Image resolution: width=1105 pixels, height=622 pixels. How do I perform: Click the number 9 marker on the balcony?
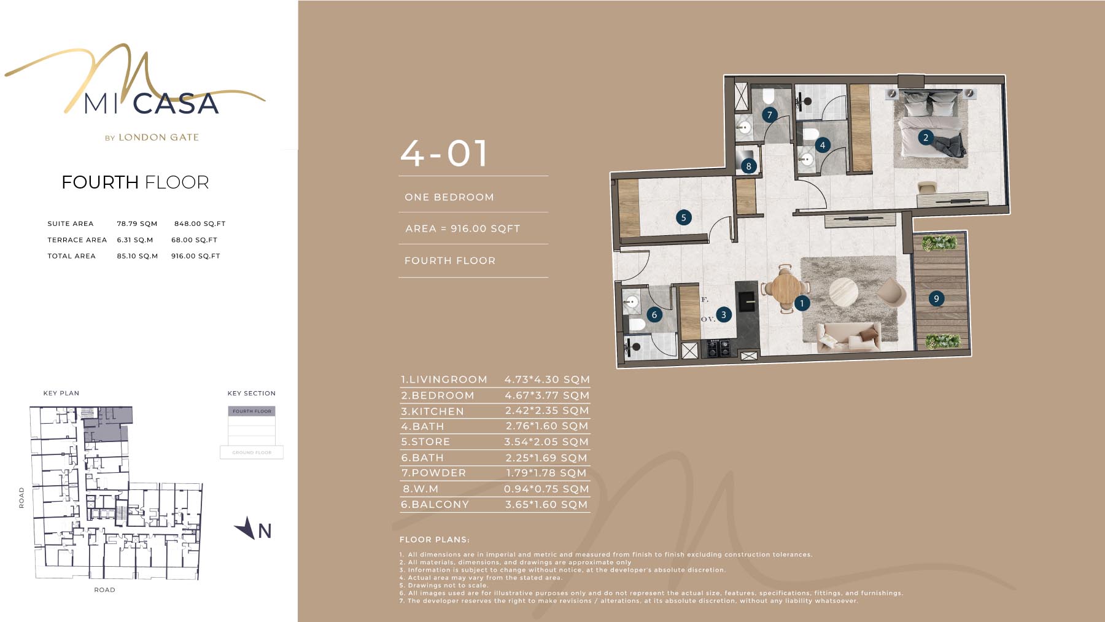click(x=936, y=298)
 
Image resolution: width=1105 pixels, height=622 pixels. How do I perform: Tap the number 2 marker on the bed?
click(x=926, y=138)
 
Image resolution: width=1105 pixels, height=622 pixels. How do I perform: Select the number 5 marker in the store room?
click(x=683, y=217)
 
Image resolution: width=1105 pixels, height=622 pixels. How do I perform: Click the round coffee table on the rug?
click(x=843, y=292)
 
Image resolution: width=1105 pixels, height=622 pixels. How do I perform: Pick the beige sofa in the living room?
click(x=849, y=337)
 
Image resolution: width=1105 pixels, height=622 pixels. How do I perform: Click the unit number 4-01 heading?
click(x=444, y=154)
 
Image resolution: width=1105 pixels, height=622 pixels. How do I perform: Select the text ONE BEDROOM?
click(x=449, y=197)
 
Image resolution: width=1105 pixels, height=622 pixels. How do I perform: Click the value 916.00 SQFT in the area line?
click(x=485, y=228)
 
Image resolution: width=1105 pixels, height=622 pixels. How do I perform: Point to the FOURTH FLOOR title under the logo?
click(x=135, y=182)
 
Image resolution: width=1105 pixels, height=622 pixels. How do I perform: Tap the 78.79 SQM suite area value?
click(x=137, y=224)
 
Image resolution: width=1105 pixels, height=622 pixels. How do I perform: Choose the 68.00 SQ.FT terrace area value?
click(x=194, y=240)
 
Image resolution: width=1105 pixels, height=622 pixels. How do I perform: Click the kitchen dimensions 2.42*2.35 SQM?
click(x=547, y=411)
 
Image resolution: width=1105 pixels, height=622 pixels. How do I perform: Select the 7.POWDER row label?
click(x=433, y=473)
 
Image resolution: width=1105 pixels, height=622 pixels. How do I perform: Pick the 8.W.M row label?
click(x=421, y=489)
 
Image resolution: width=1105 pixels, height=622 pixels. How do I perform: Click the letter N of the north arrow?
click(x=265, y=531)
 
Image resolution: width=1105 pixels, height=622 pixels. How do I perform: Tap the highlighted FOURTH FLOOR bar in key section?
click(x=252, y=411)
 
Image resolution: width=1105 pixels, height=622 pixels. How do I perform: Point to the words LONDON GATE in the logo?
click(x=158, y=138)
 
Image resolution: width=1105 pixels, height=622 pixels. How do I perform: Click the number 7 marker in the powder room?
click(x=769, y=115)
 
